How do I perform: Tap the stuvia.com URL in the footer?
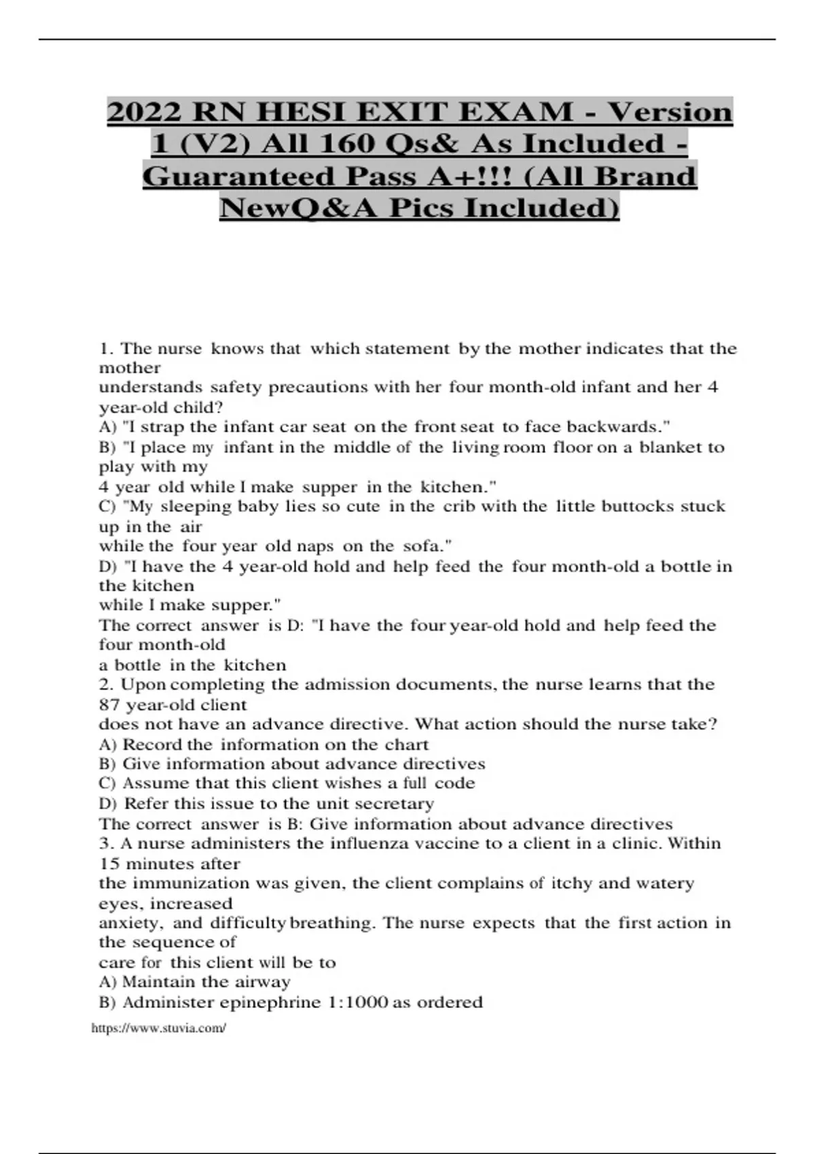click(x=158, y=1028)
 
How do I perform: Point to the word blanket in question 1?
click(x=670, y=447)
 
